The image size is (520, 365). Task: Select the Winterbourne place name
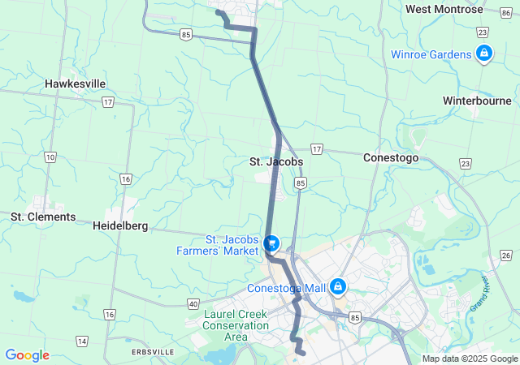click(x=476, y=101)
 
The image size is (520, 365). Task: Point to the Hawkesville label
click(x=76, y=84)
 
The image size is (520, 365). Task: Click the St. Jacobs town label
click(x=275, y=161)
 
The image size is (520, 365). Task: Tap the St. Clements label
click(x=43, y=217)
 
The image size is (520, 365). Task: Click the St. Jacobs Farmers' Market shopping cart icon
click(x=272, y=243)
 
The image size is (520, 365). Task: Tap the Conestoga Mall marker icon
click(x=336, y=288)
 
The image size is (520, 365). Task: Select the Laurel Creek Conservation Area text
click(x=236, y=325)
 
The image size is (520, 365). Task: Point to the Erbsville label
click(x=152, y=352)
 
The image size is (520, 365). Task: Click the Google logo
click(x=27, y=355)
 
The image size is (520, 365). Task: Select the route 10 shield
click(x=50, y=157)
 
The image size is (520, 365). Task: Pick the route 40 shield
click(x=193, y=303)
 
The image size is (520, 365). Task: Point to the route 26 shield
click(x=505, y=255)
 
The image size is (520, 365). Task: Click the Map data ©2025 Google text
click(x=470, y=359)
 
